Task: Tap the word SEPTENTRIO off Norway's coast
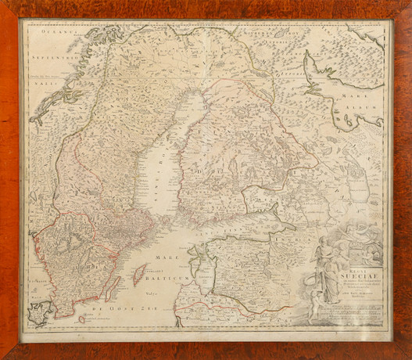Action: [44, 56]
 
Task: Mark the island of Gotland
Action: [141, 274]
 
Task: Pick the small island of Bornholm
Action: [81, 319]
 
